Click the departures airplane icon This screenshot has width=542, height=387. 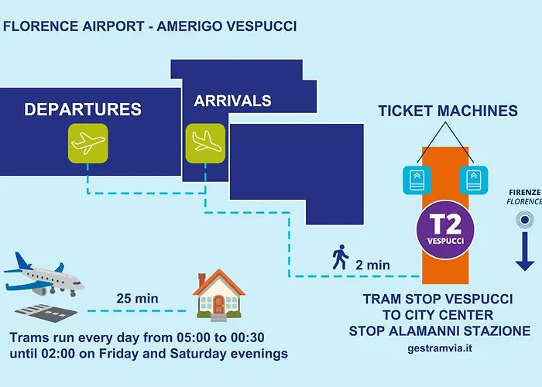[87, 143]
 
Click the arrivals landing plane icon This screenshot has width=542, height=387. [205, 143]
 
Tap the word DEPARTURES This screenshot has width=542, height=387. [83, 109]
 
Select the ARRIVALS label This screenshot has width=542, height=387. [232, 101]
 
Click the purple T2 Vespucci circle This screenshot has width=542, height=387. [445, 230]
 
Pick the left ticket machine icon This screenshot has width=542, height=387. [417, 180]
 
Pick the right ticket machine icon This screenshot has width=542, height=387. [474, 180]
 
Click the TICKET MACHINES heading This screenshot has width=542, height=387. [448, 111]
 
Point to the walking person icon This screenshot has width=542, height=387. [341, 257]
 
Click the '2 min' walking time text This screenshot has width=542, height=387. [372, 265]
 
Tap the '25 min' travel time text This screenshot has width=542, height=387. [137, 299]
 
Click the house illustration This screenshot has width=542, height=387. [219, 296]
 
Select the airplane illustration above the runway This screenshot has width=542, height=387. [44, 275]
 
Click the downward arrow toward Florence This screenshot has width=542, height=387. [525, 252]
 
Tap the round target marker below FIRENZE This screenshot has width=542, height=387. [525, 220]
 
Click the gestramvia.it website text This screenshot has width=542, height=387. [440, 348]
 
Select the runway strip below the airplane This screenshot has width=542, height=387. [46, 313]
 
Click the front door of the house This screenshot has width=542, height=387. [218, 304]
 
